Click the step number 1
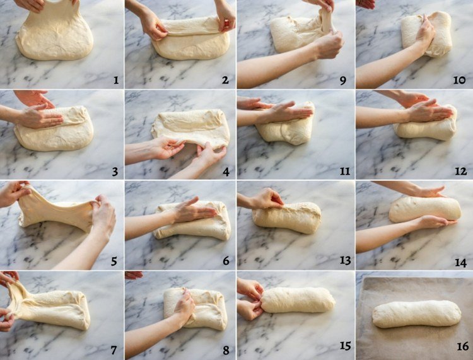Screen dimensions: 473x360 point(116,80)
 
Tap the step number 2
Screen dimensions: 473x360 point(225,80)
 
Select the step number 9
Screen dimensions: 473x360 point(342,81)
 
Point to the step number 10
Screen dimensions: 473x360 point(459,80)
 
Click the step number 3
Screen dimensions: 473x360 point(115,171)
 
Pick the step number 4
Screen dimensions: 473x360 point(226,171)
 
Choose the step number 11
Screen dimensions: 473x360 point(344,171)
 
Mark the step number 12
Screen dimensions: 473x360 point(460,171)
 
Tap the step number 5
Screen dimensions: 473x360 point(114,261)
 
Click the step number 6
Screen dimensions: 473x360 point(226,260)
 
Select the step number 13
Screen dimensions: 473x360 point(345,260)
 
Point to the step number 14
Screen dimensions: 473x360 point(460,263)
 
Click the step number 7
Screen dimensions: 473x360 point(114,350)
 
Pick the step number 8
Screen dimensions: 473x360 point(226,350)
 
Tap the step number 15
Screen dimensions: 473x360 point(345,346)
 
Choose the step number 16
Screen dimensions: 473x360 point(462,346)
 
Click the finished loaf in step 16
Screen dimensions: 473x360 point(417,314)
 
